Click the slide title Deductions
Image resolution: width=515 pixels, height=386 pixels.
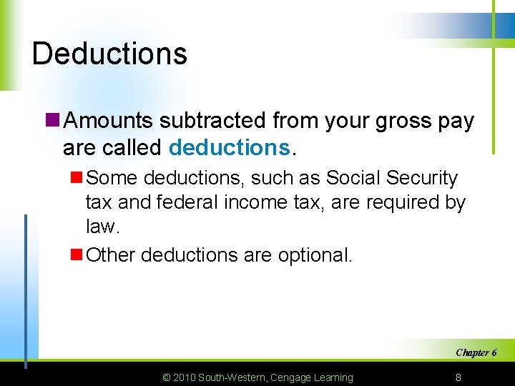(109, 54)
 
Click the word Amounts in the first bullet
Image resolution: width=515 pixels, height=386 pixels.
(109, 122)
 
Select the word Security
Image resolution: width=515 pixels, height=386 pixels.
(421, 177)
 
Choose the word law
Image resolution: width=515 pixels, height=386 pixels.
(102, 227)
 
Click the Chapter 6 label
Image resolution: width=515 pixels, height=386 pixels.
(476, 352)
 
